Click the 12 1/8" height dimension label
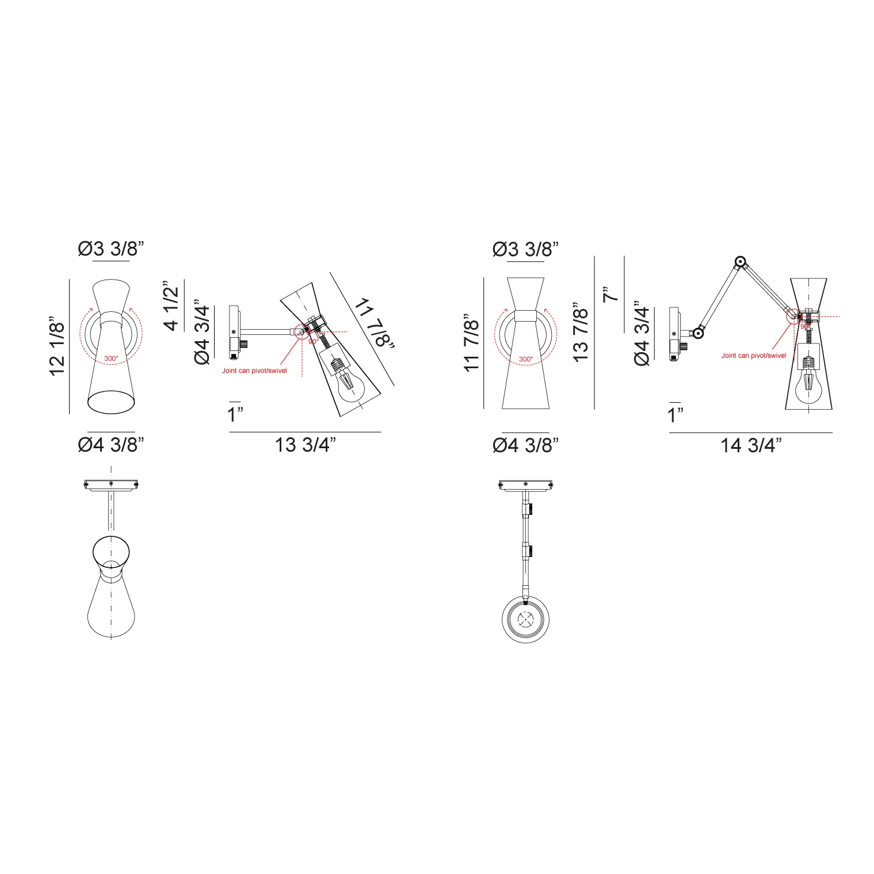point(58,346)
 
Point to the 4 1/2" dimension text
point(171,306)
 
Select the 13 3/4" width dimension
point(305,445)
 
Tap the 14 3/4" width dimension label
point(751,445)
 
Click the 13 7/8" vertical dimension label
point(581,332)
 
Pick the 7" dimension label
point(610,293)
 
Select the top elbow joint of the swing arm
point(740,263)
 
